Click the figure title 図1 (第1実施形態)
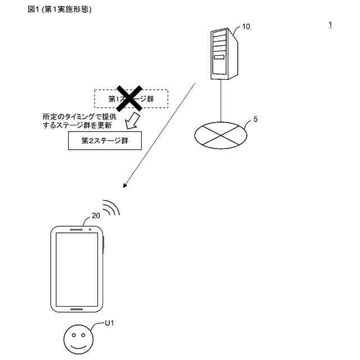pos(59,10)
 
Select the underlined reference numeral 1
pos(330,24)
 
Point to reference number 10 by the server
pos(246,26)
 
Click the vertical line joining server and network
pos(221,101)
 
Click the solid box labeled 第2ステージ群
pos(105,141)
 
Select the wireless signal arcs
pos(111,208)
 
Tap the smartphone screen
pos(78,267)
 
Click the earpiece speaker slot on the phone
pos(75,229)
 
